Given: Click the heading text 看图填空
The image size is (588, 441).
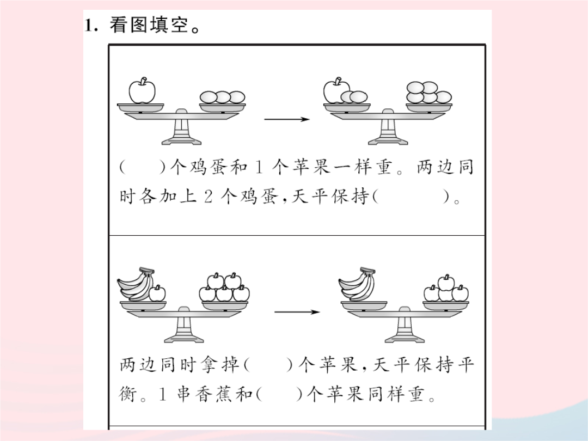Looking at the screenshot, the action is [x=149, y=26].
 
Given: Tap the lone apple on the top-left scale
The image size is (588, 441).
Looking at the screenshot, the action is [x=142, y=90].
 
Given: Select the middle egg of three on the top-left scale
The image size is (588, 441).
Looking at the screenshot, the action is [x=223, y=97].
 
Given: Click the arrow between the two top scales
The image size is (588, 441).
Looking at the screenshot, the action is [x=287, y=119].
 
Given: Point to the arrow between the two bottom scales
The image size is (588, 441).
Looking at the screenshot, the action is [x=297, y=312].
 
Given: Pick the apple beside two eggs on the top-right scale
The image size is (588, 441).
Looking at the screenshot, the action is [x=335, y=91].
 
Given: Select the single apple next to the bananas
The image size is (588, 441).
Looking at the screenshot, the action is [x=157, y=293].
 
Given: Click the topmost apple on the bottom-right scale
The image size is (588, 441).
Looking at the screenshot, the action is [x=446, y=282].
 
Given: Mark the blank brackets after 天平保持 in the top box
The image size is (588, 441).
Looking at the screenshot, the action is [x=413, y=196].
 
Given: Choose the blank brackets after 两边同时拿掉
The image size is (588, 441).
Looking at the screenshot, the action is [x=268, y=364].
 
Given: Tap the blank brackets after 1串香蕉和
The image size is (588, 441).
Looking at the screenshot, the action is [x=280, y=394].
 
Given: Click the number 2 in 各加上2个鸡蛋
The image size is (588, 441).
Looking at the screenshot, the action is [x=209, y=197].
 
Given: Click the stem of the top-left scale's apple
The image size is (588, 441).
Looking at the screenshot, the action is [x=143, y=80].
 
